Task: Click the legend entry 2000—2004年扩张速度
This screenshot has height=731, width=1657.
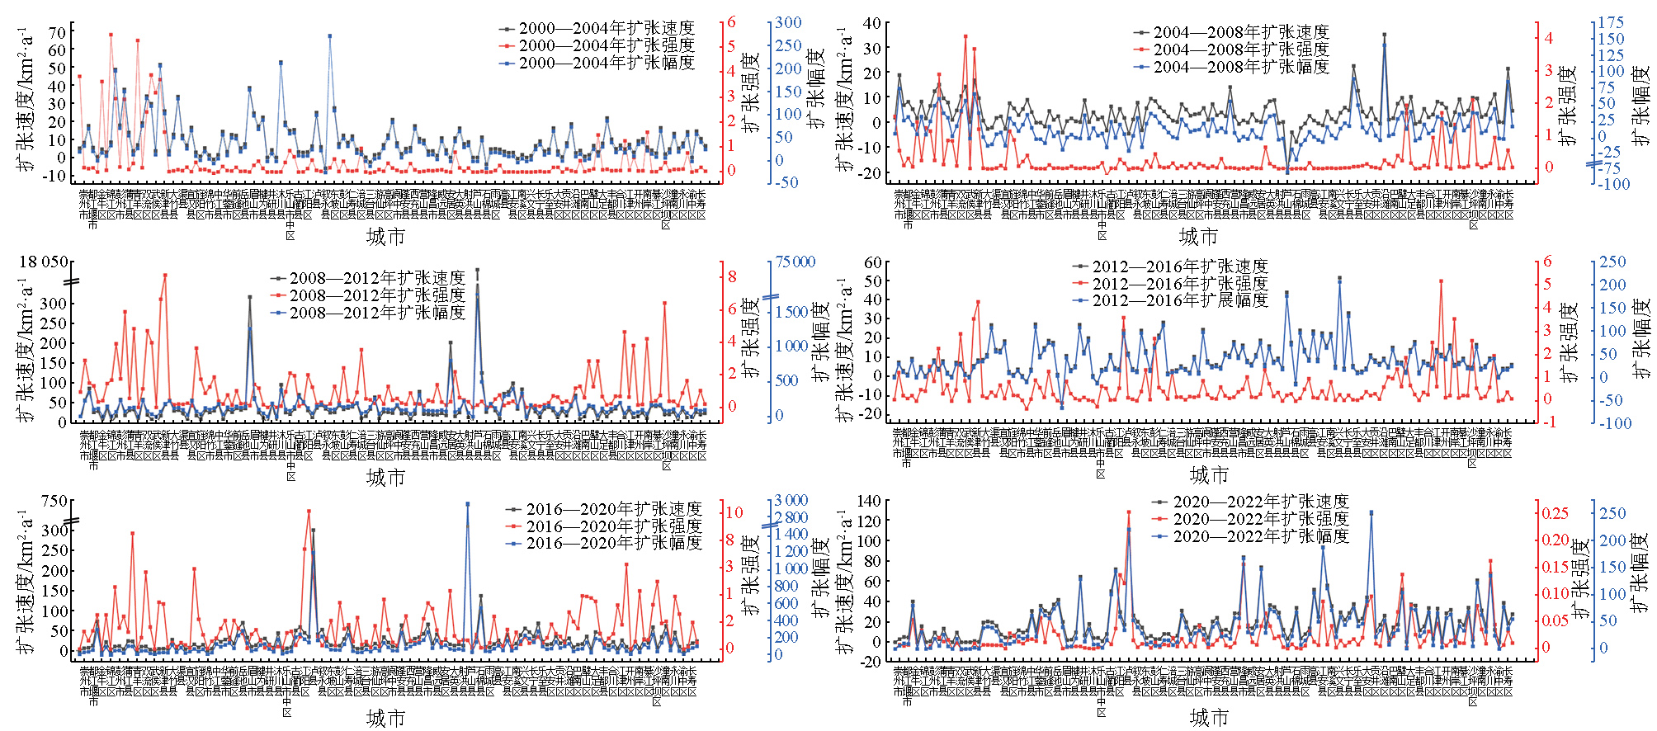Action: pos(606,29)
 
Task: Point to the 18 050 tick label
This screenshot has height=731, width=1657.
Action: pos(44,262)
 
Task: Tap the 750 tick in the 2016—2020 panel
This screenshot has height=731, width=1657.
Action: pos(54,502)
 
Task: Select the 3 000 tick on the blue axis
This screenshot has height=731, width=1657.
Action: pos(791,501)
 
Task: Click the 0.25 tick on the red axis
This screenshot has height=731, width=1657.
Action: pos(1556,513)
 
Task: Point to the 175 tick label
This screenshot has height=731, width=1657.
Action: pos(1611,23)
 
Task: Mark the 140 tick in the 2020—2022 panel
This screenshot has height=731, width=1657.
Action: pos(870,501)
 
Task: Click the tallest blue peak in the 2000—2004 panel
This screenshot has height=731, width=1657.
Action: pos(329,36)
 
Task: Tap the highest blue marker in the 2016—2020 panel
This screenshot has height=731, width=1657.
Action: pos(467,503)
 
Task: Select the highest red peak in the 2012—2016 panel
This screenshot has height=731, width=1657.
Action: pos(1441,281)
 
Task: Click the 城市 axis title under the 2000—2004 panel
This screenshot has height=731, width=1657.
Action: pos(385,238)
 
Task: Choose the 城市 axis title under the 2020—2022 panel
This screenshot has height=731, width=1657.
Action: pos(1209,718)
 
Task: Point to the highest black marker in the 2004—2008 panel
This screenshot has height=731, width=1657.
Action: pos(1384,35)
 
